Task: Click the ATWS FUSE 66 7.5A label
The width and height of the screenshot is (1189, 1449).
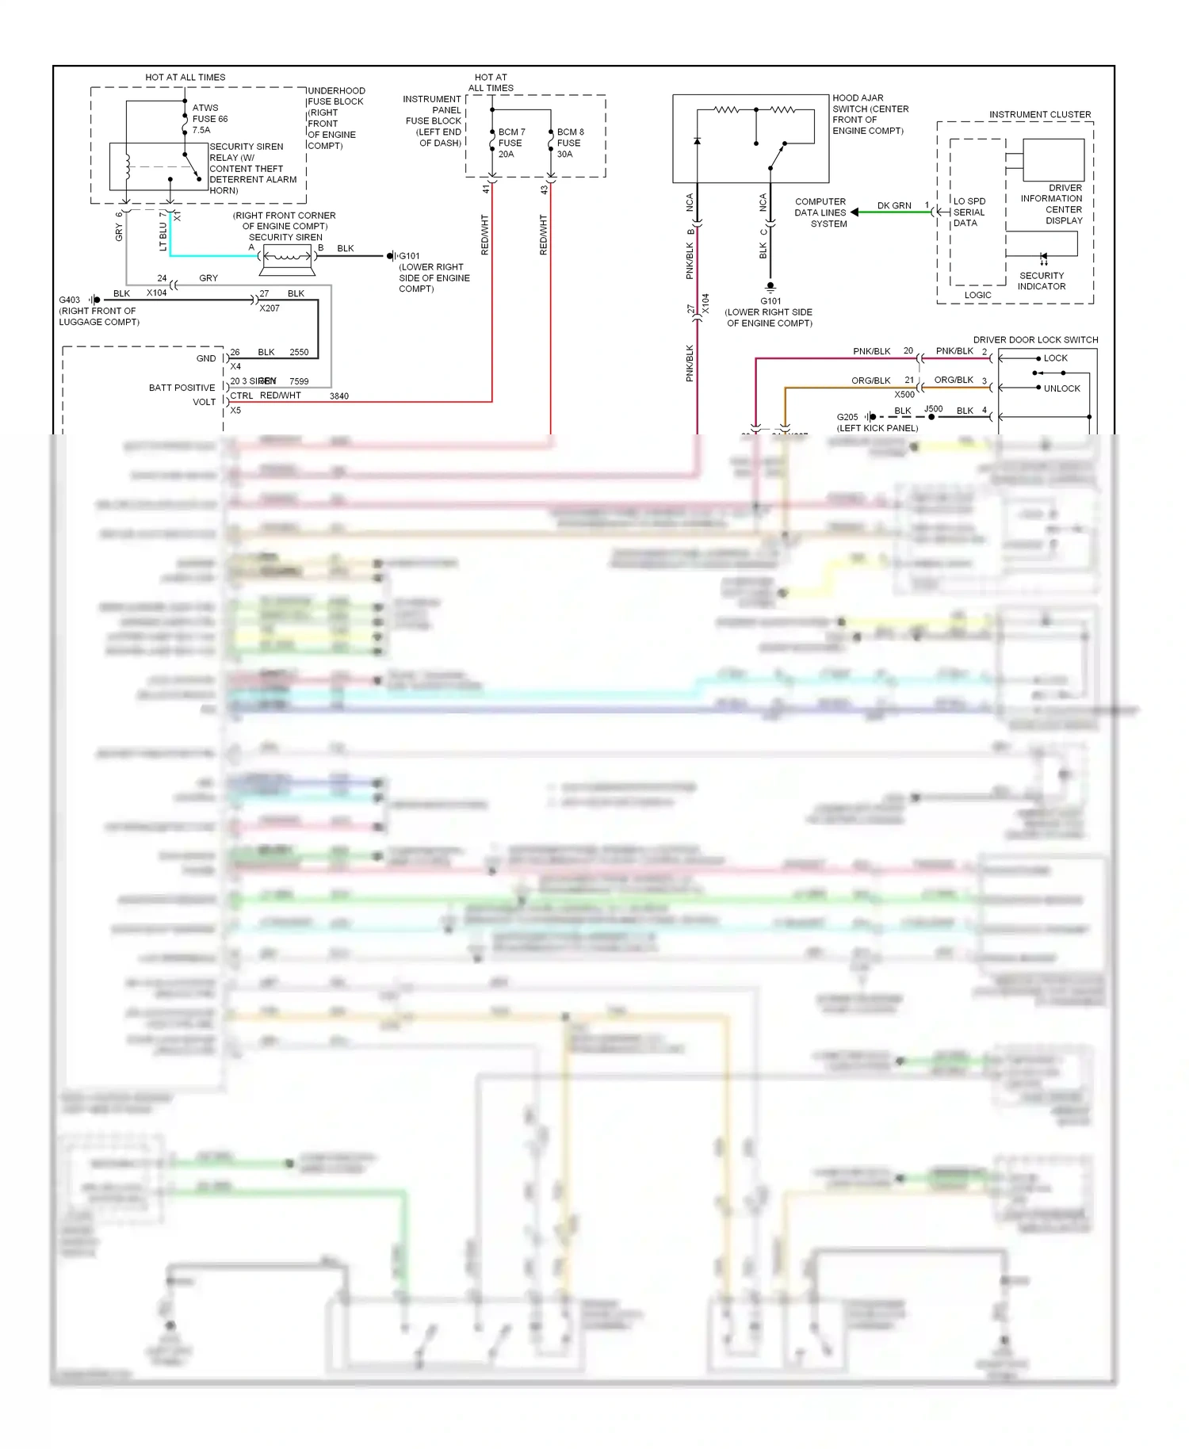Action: (209, 119)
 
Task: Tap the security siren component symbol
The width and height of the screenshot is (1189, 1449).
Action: (286, 257)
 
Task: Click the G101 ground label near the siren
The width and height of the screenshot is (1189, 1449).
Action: (409, 256)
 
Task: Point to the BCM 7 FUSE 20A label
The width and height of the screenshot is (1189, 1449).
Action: (510, 143)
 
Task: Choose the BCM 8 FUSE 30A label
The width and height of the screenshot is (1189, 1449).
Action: (569, 143)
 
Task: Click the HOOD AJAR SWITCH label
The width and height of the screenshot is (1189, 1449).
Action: (870, 114)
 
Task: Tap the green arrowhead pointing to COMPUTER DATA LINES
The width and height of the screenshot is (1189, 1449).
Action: (854, 212)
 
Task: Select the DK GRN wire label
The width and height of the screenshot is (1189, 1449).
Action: (893, 206)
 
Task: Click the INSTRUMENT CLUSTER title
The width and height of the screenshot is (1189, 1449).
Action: (1039, 115)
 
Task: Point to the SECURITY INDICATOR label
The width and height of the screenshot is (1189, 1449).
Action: (1041, 281)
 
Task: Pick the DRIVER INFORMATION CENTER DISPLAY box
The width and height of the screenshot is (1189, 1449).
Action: (1053, 160)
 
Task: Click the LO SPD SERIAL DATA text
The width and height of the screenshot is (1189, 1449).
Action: (969, 212)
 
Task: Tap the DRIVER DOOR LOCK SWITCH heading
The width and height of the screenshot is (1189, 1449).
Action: (1035, 340)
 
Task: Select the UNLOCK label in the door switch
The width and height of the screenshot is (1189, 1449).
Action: (1061, 388)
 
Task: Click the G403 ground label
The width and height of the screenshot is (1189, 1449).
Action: (70, 300)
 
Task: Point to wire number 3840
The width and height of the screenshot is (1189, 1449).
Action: (338, 396)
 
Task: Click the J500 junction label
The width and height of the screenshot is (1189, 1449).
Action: (933, 409)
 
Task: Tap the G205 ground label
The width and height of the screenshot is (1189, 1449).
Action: (847, 417)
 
